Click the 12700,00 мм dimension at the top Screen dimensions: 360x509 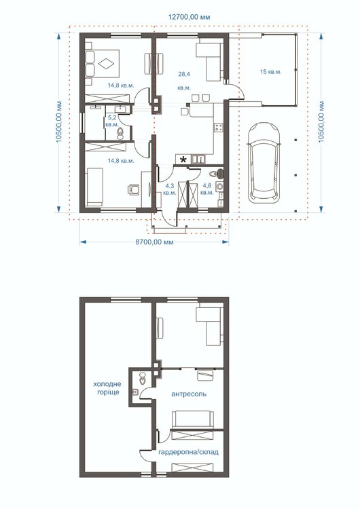pos(189,17)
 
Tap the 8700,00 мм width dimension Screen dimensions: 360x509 pos(154,242)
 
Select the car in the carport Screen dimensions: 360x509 pos(264,162)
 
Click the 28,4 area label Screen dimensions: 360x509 pos(184,75)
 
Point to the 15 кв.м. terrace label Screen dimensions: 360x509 pos(270,72)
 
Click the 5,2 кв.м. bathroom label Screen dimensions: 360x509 pos(112,121)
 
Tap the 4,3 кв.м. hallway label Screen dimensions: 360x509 pos(170,189)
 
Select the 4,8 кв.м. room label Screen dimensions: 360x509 pos(207,189)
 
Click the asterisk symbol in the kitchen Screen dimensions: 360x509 pos(183,159)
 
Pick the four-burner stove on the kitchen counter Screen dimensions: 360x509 pos(218,127)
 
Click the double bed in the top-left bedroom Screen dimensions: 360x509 pos(103,63)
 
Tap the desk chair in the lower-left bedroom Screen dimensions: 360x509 pos(134,189)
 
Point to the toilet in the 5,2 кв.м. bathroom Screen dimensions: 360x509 pos(120,134)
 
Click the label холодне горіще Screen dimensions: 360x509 pos(107,388)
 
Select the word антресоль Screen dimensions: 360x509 pos(189,394)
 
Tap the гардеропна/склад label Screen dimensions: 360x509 pos(188,452)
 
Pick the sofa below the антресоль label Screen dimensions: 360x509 pos(193,419)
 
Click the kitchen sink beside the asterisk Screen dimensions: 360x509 pos(198,159)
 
